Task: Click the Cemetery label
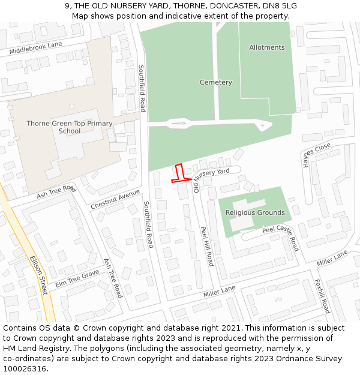(215, 82)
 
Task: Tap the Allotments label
(267, 47)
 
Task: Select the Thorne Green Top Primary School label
(70, 127)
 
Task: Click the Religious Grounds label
(255, 212)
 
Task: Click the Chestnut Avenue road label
(115, 199)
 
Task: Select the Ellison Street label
(38, 275)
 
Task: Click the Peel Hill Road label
(207, 246)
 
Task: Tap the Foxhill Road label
(322, 296)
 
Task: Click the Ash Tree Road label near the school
(56, 192)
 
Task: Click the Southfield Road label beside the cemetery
(142, 88)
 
